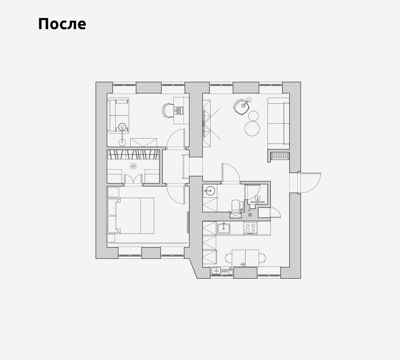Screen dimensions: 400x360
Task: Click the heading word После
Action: [62, 24]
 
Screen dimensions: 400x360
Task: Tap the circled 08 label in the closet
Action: [133, 166]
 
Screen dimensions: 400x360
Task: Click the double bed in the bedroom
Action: [135, 216]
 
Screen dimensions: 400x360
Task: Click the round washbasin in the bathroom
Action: [210, 190]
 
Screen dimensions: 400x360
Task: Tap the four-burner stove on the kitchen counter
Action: [250, 228]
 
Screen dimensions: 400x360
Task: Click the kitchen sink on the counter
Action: [224, 228]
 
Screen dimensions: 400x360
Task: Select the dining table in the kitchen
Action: [246, 258]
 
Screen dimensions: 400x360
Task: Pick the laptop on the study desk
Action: [178, 111]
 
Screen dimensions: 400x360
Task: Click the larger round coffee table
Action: [252, 128]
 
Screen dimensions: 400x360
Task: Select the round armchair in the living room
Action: [241, 107]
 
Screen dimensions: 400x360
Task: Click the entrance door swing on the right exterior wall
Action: [311, 183]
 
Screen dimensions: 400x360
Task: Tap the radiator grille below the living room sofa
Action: [280, 156]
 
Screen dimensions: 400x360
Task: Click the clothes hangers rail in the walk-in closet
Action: [133, 154]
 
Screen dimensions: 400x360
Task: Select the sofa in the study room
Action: [118, 115]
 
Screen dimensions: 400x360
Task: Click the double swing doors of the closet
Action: [133, 179]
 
